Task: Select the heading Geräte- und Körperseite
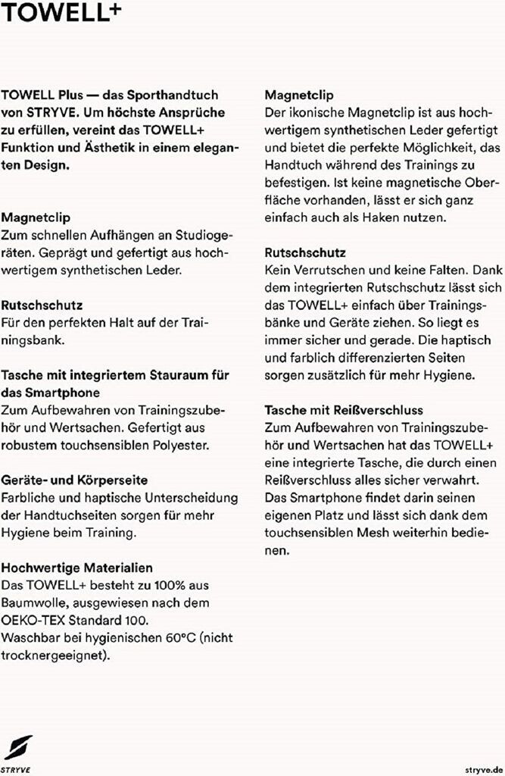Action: click(x=74, y=480)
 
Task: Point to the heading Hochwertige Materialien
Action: click(x=77, y=567)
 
